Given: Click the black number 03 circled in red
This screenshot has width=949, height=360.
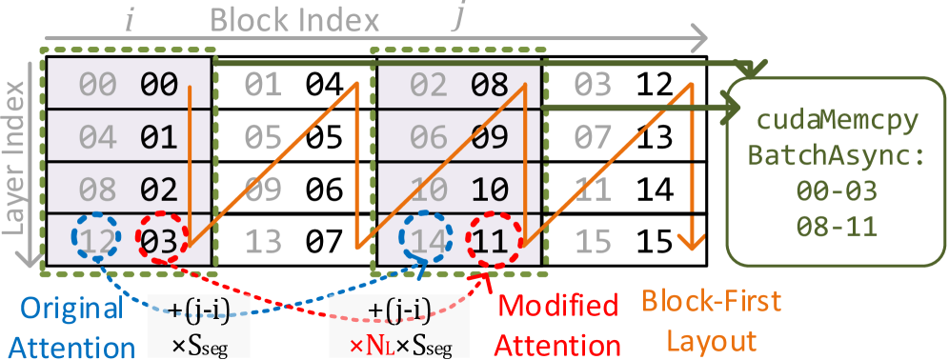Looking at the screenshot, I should (158, 241).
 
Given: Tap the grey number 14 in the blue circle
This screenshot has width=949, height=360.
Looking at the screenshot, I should (428, 241).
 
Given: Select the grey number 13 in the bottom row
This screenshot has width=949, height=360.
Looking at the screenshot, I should (262, 241).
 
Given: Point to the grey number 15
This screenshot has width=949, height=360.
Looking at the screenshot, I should (593, 241).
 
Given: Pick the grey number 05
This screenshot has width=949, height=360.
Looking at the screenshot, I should (262, 136).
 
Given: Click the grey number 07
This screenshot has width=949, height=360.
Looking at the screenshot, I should (593, 136).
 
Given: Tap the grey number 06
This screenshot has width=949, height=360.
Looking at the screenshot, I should (428, 136).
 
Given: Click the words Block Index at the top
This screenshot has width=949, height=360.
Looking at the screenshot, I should (294, 20).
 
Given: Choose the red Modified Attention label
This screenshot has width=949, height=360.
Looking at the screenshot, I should (559, 324).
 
